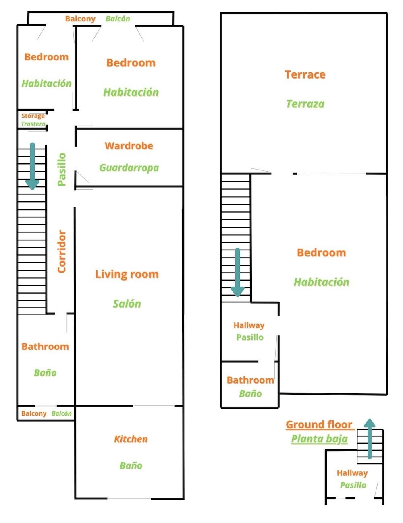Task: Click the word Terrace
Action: click(305, 74)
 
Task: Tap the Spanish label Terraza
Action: click(305, 104)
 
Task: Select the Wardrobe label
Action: click(129, 146)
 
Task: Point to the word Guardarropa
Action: click(129, 168)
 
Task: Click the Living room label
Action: click(127, 274)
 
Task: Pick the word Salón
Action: click(127, 304)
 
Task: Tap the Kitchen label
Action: click(131, 439)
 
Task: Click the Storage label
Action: click(33, 116)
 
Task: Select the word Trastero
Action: click(33, 124)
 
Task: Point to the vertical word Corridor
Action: click(62, 252)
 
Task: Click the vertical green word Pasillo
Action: click(62, 169)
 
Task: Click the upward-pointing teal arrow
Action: click(369, 439)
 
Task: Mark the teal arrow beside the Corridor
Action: click(32, 166)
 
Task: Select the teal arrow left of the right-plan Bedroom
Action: click(237, 273)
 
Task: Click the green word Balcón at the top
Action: click(118, 19)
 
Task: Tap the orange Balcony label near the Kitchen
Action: click(34, 413)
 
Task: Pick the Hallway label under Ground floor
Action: click(352, 473)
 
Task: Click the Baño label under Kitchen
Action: click(131, 466)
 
